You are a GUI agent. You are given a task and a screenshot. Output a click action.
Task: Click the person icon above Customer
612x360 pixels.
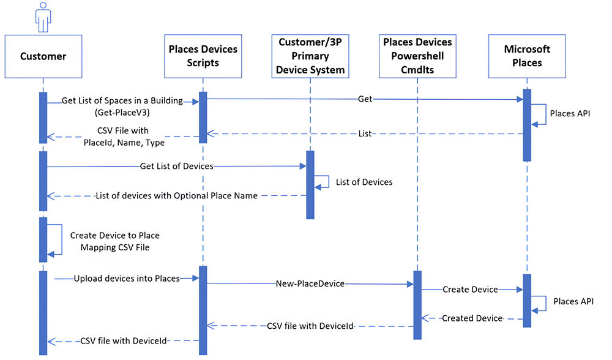click(x=43, y=17)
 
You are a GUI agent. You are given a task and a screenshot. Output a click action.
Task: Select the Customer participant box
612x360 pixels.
click(x=43, y=56)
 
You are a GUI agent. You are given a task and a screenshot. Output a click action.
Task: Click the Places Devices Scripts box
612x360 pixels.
click(x=203, y=56)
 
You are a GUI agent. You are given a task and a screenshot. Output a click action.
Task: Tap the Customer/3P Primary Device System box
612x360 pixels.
click(x=310, y=56)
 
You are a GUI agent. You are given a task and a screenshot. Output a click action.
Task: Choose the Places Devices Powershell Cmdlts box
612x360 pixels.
click(x=417, y=56)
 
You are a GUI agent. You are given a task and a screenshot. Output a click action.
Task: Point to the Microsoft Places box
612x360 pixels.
click(x=527, y=56)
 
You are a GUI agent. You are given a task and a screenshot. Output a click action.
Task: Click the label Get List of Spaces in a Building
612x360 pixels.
click(x=122, y=101)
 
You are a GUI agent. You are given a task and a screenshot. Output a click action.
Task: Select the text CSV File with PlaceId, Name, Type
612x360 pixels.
click(x=122, y=136)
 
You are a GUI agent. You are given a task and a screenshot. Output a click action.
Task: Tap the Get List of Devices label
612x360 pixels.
click(x=176, y=166)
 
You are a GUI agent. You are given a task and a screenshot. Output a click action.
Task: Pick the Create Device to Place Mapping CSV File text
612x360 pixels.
click(x=114, y=241)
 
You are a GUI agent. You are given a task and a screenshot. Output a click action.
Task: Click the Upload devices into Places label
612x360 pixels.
click(x=127, y=279)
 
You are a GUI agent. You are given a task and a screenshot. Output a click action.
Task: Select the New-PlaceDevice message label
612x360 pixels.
click(x=310, y=284)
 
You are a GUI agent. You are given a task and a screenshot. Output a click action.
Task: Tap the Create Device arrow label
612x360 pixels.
click(x=470, y=290)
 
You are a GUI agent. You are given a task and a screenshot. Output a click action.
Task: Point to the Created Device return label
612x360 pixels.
click(x=472, y=318)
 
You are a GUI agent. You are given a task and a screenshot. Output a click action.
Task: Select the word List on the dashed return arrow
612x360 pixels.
click(x=364, y=133)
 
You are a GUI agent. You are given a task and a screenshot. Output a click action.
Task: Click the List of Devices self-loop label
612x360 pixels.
click(x=364, y=182)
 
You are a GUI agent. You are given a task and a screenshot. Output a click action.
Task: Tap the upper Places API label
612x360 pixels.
click(x=570, y=113)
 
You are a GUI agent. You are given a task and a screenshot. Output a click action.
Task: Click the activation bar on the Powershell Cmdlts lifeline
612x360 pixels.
click(x=417, y=304)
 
